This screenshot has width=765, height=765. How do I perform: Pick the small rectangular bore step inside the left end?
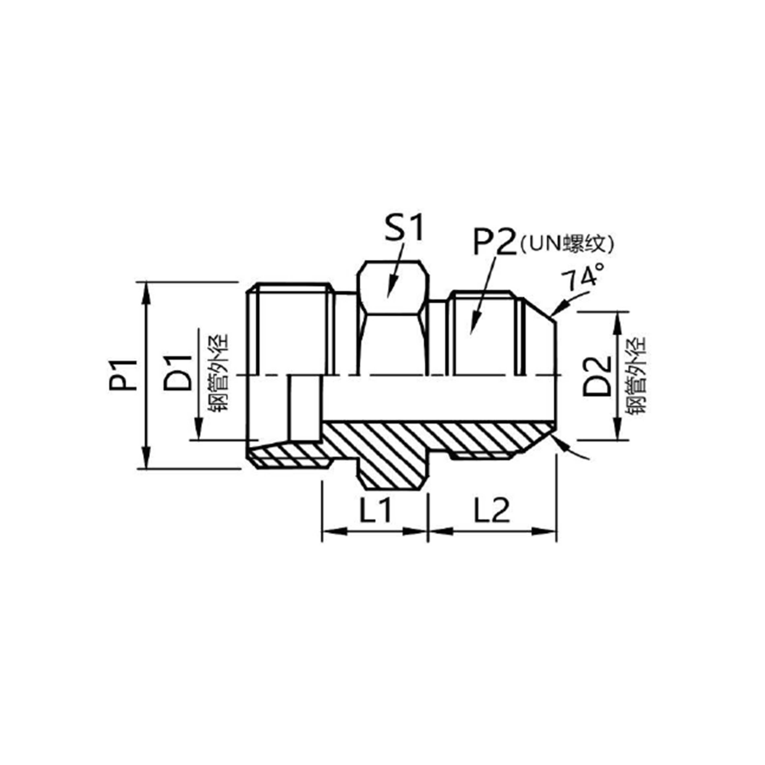coord(304,408)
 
